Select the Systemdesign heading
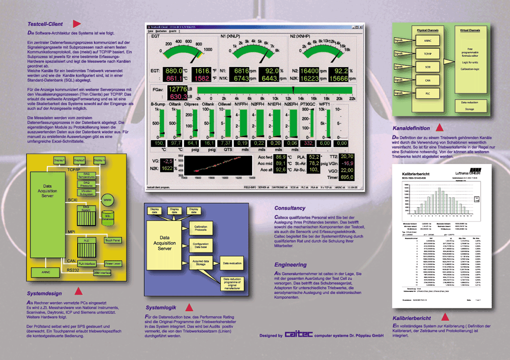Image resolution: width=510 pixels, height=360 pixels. point(45,293)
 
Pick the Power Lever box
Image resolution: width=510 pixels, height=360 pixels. point(113,263)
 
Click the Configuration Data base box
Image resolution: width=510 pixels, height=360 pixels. point(200,246)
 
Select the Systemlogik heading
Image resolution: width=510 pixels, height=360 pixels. point(162,307)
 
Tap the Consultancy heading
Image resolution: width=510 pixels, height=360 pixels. point(290,208)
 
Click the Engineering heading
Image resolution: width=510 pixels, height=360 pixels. point(290,264)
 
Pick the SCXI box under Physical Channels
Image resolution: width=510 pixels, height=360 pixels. point(428,66)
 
